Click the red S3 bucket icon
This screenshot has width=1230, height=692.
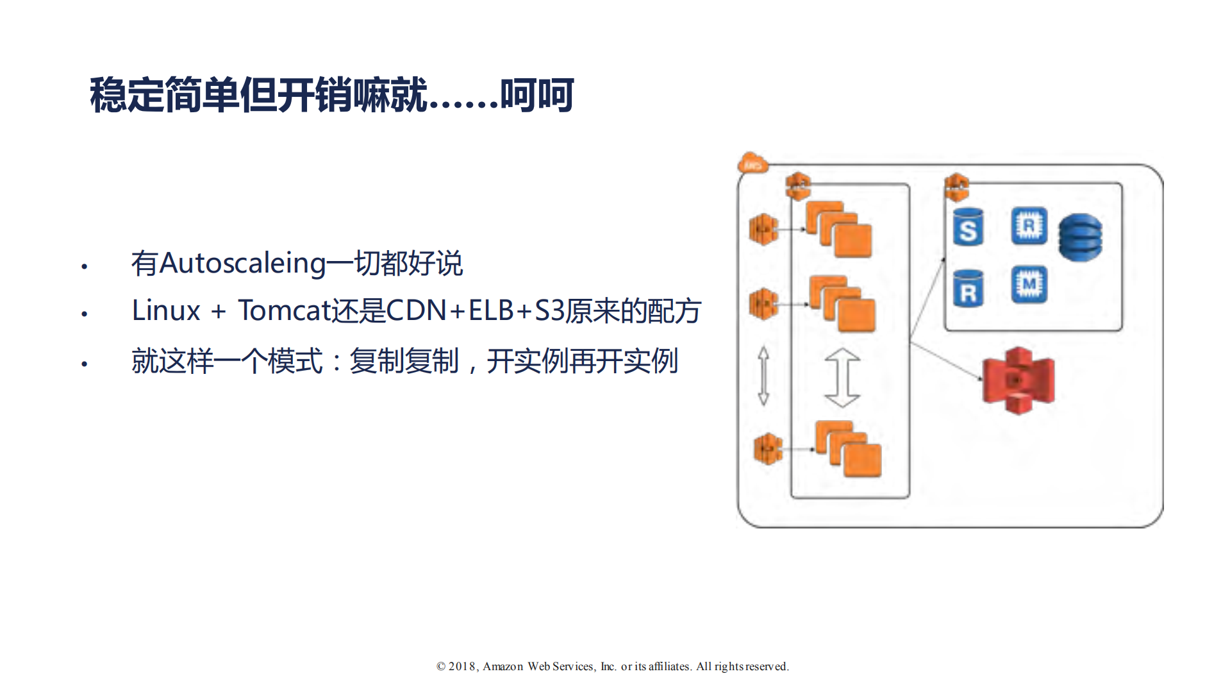[x=1018, y=380]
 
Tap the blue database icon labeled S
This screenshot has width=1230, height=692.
[x=968, y=227]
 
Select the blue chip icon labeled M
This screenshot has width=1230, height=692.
[x=1029, y=284]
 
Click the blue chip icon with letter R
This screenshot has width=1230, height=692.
[x=1029, y=226]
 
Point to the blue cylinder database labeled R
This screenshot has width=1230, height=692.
[x=968, y=289]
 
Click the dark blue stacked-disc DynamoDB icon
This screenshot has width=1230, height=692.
[x=1080, y=237]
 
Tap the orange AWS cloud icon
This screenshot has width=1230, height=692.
[x=752, y=163]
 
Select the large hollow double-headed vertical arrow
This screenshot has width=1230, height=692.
[x=842, y=378]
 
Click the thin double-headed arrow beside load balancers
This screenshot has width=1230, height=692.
[x=763, y=376]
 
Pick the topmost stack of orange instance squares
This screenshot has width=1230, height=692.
[x=838, y=229]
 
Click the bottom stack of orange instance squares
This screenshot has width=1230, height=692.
[x=848, y=449]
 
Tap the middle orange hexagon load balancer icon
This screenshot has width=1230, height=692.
[x=763, y=303]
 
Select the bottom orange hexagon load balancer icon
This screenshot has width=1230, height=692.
[x=768, y=448]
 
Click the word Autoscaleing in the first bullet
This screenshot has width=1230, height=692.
[x=243, y=263]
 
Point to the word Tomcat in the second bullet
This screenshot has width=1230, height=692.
[x=284, y=310]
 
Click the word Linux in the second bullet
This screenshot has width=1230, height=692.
[x=166, y=310]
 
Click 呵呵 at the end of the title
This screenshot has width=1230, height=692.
[x=536, y=96]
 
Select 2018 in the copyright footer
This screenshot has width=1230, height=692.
[x=461, y=666]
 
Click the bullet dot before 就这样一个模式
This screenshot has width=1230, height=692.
[x=84, y=364]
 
